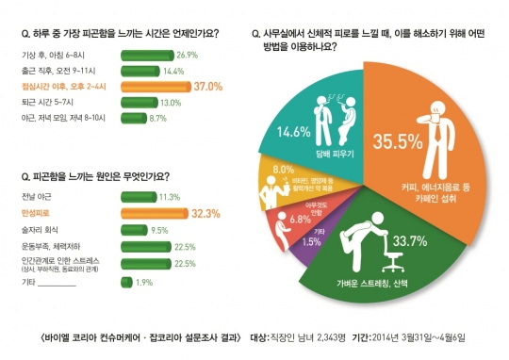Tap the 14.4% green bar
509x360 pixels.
point(141,71)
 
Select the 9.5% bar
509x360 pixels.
point(135,230)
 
